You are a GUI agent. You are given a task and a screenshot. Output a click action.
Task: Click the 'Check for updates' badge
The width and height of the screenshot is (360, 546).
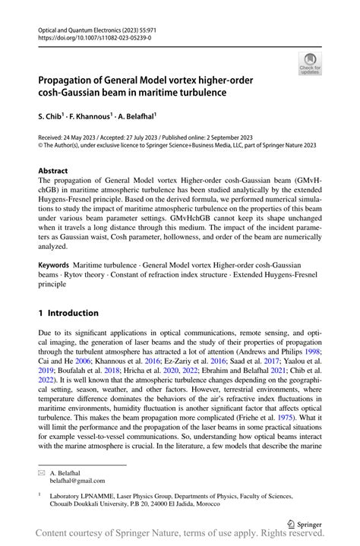pyautogui.click(x=310, y=64)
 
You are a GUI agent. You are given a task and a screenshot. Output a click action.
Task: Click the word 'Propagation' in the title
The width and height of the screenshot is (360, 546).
pyautogui.click(x=71, y=80)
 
